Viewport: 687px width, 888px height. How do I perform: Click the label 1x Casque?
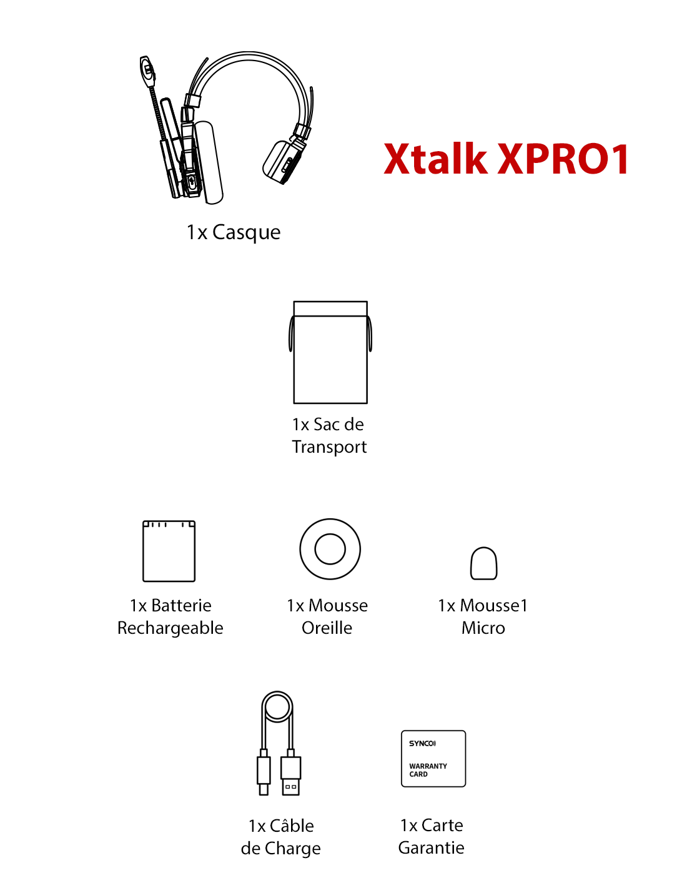point(234,232)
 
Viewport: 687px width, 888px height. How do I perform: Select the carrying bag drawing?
point(330,352)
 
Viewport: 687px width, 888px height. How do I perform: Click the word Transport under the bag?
point(329,447)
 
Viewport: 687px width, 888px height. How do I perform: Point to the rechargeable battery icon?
point(169,551)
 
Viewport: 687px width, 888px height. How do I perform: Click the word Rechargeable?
point(170,628)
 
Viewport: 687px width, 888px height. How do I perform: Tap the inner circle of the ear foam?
point(330,549)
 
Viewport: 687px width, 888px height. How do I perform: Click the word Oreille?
point(327,628)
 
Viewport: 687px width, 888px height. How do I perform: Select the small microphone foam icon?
point(483,563)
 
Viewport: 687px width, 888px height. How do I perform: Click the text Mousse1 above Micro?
point(493,605)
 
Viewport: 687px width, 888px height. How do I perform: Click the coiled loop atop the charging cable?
point(277,708)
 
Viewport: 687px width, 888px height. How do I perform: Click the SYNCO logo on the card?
point(422,743)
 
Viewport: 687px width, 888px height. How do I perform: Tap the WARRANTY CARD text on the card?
point(428,770)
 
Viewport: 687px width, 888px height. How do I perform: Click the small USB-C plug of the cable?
point(264,772)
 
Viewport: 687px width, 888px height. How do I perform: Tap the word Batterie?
point(182,605)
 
